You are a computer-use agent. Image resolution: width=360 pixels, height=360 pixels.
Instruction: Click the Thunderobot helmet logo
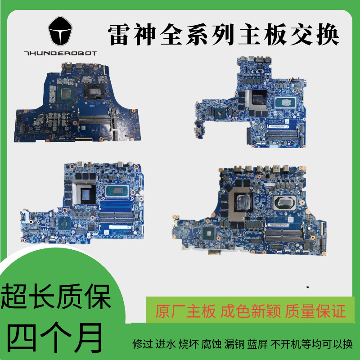coord(60,31)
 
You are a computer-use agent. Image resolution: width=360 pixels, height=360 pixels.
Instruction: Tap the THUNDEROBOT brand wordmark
coord(60,53)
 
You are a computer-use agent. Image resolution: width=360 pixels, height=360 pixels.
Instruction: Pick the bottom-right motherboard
coord(249,211)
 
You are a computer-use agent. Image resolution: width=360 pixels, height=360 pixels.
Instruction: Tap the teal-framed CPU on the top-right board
coord(285,103)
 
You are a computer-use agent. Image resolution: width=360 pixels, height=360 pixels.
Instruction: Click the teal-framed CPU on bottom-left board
coord(117,191)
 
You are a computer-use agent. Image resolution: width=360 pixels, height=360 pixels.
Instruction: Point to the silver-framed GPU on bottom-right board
coord(241,204)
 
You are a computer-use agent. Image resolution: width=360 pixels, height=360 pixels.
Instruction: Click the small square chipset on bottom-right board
coord(209,234)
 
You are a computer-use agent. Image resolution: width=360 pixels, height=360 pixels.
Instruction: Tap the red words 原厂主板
coord(185,311)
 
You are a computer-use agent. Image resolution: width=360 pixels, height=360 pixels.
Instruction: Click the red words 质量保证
coord(315,311)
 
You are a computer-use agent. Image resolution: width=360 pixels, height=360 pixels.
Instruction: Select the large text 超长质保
coord(56,297)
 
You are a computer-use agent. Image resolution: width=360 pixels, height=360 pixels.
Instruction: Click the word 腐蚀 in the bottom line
coord(211,344)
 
